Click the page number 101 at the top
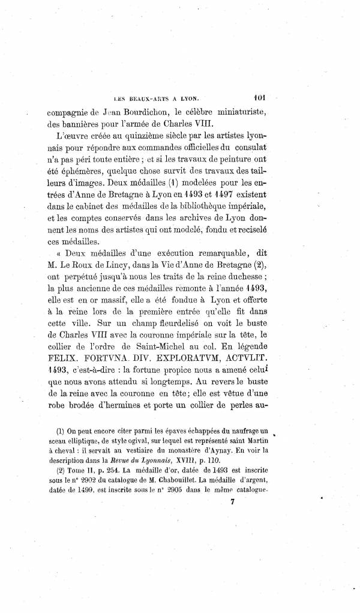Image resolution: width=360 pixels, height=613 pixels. coord(260,94)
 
